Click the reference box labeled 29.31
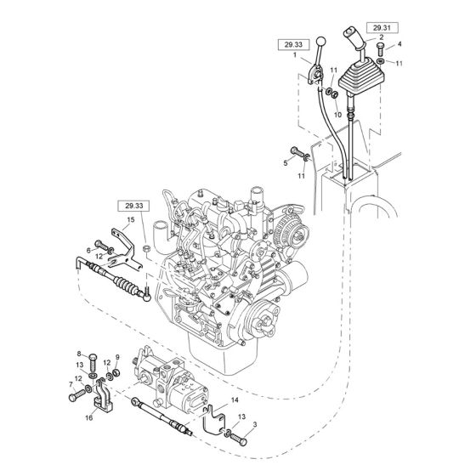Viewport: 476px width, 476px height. (382, 28)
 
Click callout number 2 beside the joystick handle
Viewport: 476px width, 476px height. (382, 37)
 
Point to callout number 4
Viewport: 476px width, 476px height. (399, 44)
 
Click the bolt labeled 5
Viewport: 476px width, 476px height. (297, 151)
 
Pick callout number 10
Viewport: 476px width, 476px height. (337, 115)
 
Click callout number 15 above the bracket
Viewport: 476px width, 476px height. (131, 219)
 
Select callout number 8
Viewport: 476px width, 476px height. (79, 354)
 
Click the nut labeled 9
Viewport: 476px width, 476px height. (116, 372)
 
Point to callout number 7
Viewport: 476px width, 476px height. (71, 385)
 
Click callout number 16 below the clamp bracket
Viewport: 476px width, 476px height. (89, 418)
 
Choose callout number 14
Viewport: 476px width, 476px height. (235, 400)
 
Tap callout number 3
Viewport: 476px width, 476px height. (255, 424)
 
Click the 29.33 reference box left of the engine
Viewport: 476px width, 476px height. (134, 206)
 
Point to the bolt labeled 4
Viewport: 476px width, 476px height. (381, 49)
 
